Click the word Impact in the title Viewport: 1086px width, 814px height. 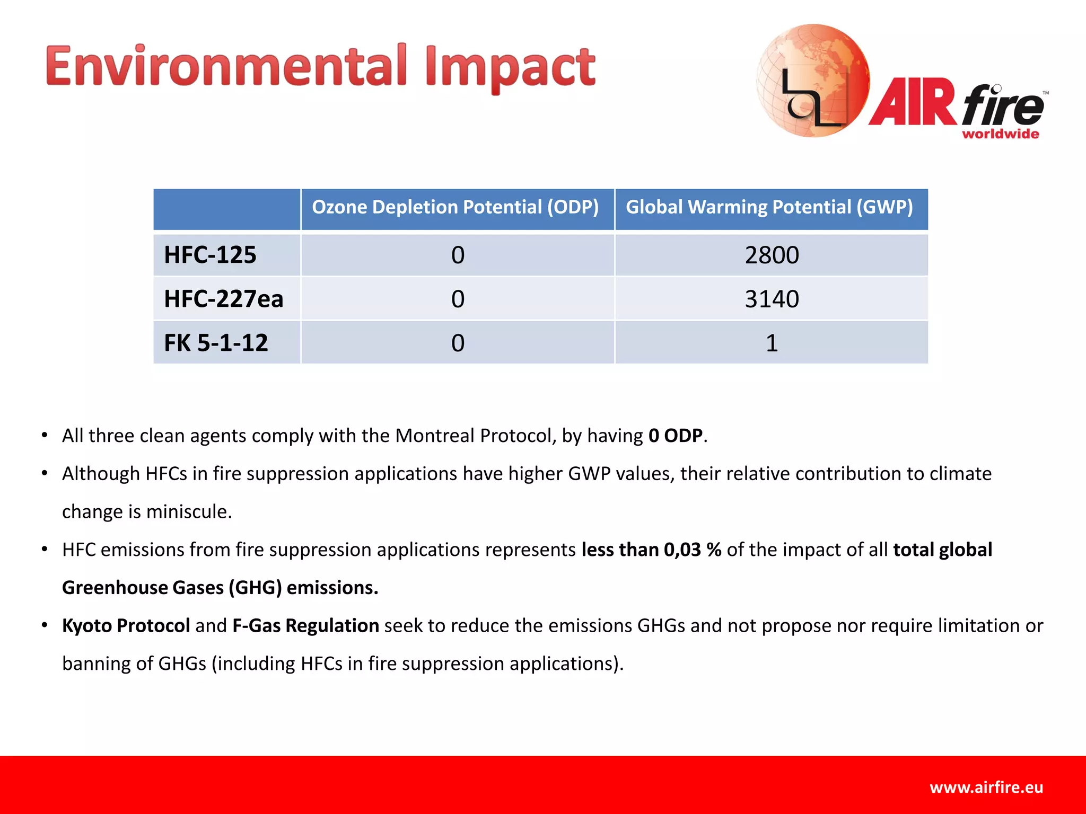(x=510, y=68)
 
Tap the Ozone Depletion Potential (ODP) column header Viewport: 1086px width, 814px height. (x=456, y=207)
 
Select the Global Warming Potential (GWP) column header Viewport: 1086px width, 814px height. (x=769, y=207)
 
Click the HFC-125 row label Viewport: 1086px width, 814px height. (x=210, y=255)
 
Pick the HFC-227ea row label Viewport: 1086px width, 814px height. (x=223, y=299)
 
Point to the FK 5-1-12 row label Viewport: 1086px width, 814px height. (x=216, y=343)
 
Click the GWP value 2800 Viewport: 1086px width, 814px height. (x=772, y=255)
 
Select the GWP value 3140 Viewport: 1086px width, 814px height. (x=772, y=299)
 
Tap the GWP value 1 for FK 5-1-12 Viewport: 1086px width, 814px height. (x=772, y=343)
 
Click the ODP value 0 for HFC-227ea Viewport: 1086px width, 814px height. (x=458, y=299)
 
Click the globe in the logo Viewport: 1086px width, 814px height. (x=812, y=79)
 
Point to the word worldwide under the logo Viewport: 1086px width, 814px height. (x=1000, y=134)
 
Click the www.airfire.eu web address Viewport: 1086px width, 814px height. (x=986, y=788)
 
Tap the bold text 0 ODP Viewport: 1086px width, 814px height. (x=676, y=436)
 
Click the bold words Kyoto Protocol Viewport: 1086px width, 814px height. (x=126, y=626)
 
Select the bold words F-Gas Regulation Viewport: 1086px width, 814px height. (x=305, y=626)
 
